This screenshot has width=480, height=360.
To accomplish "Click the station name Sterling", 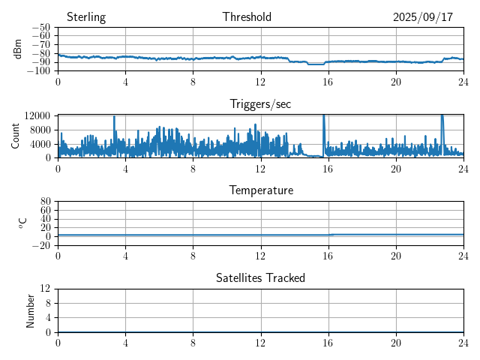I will pos(85,17).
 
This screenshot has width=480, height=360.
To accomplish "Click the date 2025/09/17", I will pos(423,17).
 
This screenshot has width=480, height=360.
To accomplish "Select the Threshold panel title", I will pos(247,17).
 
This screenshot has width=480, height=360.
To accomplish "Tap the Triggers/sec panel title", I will pos(260,104).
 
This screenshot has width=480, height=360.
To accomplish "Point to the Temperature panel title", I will pos(260,190).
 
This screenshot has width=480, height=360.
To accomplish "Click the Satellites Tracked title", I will pos(260,277).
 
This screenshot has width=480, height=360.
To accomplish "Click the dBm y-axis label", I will pos(18,49).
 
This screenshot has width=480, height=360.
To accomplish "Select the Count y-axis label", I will pos(15,136).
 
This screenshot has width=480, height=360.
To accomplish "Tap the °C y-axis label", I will pos(23,223).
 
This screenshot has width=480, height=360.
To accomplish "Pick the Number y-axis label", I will pos(31,310).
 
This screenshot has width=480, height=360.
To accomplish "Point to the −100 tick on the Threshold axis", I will pos(37,71).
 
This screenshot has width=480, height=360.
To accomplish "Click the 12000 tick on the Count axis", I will pos(36,115).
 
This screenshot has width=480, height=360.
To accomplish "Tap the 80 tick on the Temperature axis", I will pos(45,202).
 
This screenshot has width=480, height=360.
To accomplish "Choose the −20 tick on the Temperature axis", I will pos(40,245).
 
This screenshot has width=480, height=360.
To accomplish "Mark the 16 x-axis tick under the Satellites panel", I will pos(328,342).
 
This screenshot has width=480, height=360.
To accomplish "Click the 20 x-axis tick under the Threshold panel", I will pos(395,81).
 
